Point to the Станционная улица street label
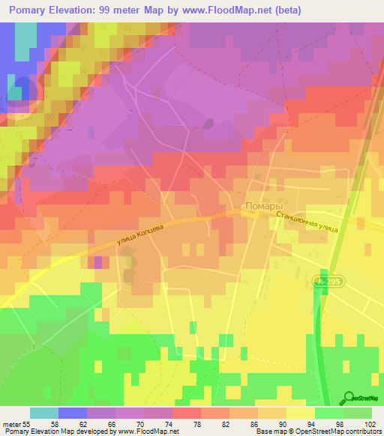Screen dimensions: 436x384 (307, 222)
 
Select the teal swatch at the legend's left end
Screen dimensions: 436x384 (44, 413)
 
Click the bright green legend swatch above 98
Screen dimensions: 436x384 (328, 413)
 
